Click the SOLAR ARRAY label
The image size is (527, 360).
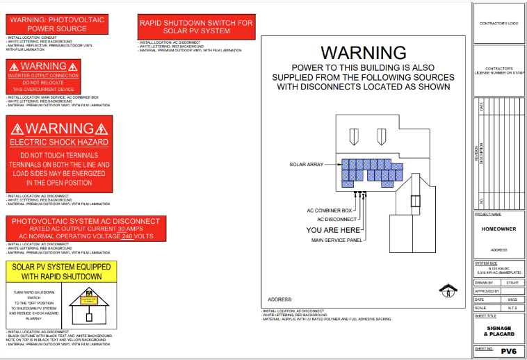click(307, 165)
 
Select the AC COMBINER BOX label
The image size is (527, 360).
click(330, 210)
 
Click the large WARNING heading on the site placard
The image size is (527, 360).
click(363, 53)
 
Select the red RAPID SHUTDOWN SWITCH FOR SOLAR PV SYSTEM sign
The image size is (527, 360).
click(197, 26)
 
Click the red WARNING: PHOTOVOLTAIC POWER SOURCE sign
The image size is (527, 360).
click(57, 24)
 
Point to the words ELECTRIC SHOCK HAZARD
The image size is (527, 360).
click(59, 142)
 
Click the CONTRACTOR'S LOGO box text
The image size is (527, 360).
click(498, 24)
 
